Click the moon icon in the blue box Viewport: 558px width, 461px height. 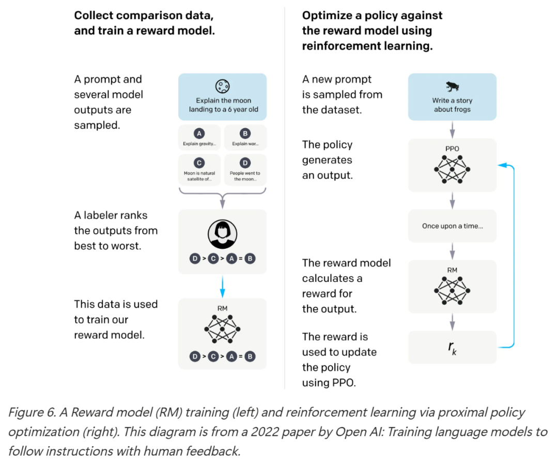click(222, 86)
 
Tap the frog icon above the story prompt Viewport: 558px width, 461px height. click(452, 86)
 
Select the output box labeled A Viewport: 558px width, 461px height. click(199, 137)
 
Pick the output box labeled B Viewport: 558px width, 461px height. click(245, 137)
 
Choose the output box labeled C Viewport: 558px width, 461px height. click(199, 169)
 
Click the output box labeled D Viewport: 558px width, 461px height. click(245, 169)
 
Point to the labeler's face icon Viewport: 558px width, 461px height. click(222, 235)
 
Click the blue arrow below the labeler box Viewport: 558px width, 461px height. click(222, 285)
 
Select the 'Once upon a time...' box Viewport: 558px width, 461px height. click(452, 226)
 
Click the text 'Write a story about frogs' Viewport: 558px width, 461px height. click(452, 105)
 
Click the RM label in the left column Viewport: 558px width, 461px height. click(222, 309)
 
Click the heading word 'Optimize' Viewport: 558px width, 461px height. click(324, 15)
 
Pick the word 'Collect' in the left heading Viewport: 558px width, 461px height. click(92, 15)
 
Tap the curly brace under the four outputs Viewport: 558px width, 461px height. click(222, 195)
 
